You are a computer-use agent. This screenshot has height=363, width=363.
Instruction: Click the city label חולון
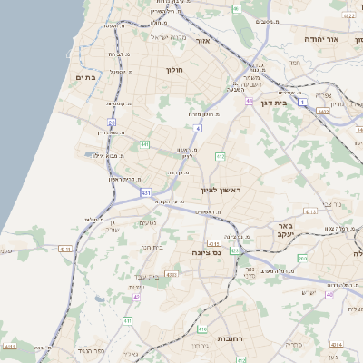click(174, 70)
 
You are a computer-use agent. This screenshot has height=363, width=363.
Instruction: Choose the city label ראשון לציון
click(221, 190)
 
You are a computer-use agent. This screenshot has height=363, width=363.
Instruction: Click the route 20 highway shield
click(112, 122)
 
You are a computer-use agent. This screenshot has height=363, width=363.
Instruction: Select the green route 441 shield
click(144, 143)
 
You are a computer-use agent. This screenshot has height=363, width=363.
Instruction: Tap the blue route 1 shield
click(301, 103)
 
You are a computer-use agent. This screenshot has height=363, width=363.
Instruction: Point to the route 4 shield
click(197, 128)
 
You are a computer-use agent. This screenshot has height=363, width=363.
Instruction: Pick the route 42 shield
click(136, 296)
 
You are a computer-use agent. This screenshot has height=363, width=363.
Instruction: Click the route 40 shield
click(329, 295)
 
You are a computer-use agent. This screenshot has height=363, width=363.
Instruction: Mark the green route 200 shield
click(302, 259)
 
